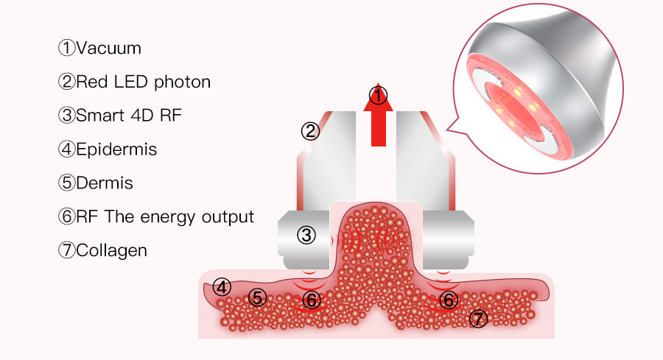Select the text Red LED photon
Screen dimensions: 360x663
[143, 82]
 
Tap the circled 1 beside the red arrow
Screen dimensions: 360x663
[378, 95]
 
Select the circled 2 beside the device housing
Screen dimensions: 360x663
[310, 132]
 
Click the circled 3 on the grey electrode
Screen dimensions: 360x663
[306, 235]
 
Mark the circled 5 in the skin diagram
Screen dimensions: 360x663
[256, 297]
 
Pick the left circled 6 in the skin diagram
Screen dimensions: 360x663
[312, 300]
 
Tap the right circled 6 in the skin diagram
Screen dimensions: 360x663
[448, 299]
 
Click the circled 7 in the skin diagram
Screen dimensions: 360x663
[478, 318]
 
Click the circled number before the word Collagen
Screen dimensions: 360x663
[67, 250]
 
